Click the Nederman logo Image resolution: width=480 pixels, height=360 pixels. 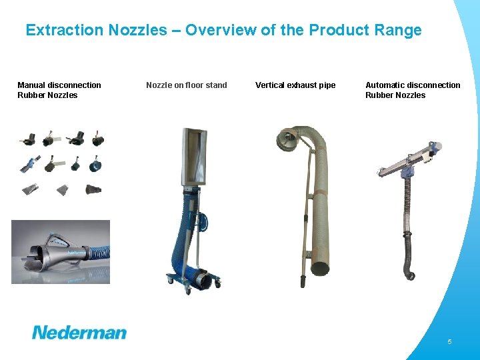79,332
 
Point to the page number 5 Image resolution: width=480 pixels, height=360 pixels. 449,341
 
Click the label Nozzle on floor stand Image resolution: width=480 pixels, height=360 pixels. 187,85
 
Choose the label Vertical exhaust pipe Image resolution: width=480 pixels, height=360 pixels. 295,85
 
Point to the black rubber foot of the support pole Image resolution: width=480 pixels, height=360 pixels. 301,283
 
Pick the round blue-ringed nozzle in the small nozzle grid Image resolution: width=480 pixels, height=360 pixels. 96,164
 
